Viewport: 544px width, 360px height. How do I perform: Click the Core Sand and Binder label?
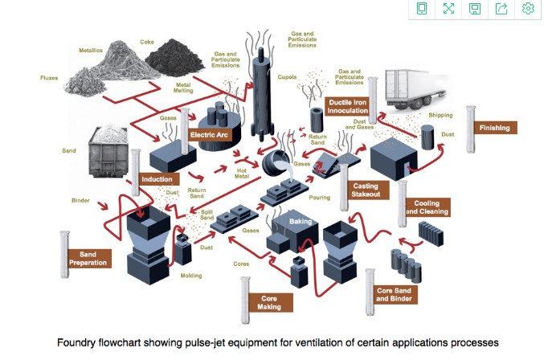tap(395, 293)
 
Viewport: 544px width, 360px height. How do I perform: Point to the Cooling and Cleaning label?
tap(426, 207)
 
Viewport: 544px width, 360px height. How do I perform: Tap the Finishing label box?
tap(493, 128)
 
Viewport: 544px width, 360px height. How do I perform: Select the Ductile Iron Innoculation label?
tap(348, 105)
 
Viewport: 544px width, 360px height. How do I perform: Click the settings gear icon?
tap(528, 9)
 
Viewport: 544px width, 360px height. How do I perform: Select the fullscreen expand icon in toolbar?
tap(448, 9)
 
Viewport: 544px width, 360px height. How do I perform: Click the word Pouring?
tap(319, 197)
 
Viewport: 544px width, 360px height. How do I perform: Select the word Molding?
tap(190, 276)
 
